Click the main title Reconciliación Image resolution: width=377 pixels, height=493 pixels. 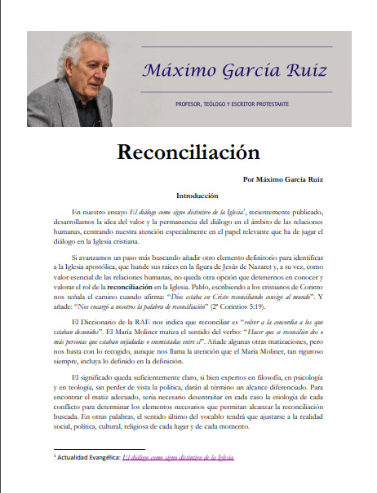click(x=188, y=152)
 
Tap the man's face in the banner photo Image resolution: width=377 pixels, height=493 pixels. click(x=79, y=75)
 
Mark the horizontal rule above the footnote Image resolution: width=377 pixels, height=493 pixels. click(x=99, y=449)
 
